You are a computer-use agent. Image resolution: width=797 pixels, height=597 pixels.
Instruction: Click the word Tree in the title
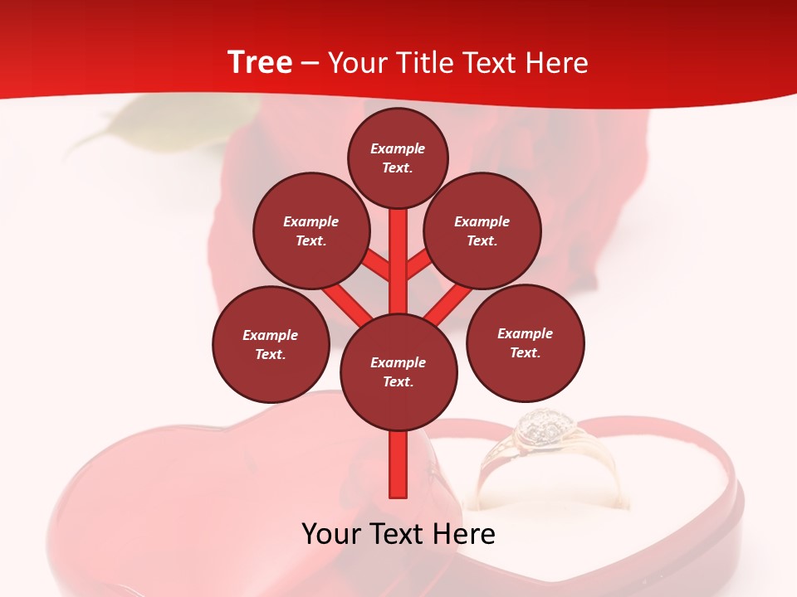260,63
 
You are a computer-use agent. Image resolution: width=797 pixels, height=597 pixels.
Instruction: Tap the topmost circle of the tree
398,158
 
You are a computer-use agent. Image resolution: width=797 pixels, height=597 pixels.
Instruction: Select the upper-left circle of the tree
310,231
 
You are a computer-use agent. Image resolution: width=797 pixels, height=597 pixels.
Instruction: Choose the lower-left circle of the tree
271,344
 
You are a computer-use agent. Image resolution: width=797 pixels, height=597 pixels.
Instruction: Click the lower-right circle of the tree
525,342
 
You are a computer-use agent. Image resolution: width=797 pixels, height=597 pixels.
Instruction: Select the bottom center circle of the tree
398,372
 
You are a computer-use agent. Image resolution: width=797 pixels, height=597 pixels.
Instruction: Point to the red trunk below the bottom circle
398,464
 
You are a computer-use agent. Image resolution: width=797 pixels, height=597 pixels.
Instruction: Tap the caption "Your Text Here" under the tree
398,534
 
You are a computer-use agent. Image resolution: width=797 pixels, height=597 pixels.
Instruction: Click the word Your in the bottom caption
330,534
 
